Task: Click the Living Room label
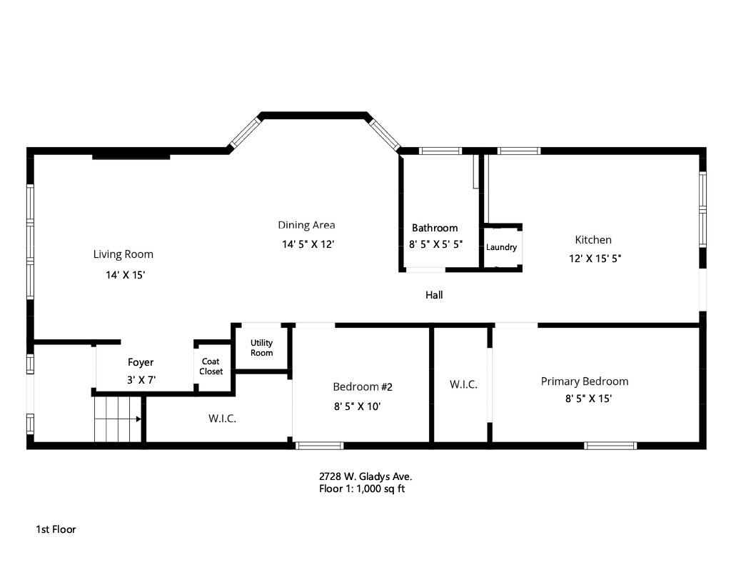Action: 123,254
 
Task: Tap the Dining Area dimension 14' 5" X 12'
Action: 308,244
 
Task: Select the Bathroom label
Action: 435,228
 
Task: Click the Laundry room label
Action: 501,247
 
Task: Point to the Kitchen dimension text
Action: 595,259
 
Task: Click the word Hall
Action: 434,295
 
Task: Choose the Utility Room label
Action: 261,348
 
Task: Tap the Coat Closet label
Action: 211,366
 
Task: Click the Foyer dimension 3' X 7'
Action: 141,380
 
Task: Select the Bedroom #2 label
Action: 363,386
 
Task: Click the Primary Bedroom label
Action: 585,381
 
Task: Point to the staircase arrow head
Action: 138,419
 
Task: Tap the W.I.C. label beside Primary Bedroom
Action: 463,384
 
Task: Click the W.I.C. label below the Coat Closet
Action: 222,419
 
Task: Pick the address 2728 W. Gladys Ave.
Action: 365,477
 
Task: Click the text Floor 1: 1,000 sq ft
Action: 362,489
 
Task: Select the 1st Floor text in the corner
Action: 56,529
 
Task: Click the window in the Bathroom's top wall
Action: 440,151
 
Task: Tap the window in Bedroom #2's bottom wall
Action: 319,446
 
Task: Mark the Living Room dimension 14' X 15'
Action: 126,275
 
